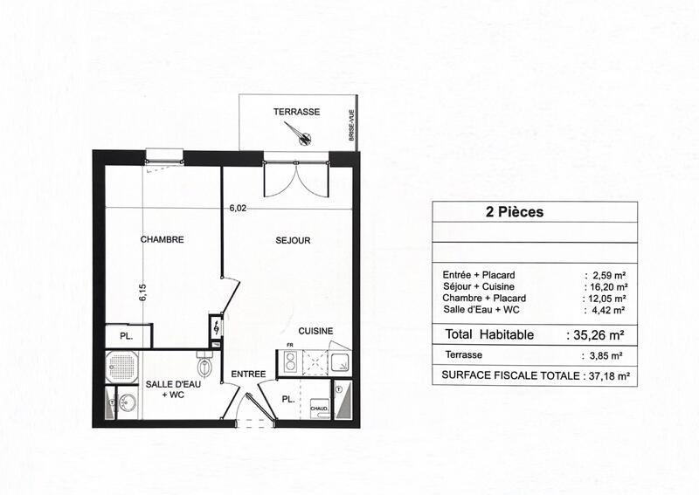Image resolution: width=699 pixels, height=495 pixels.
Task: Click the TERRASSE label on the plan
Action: click(296, 112)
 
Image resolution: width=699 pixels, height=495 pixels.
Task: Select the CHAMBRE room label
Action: click(162, 240)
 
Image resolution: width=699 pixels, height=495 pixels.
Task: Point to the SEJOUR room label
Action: click(293, 240)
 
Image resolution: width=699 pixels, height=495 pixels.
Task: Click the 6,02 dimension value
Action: click(238, 209)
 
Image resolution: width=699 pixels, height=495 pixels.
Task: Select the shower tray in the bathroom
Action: click(124, 368)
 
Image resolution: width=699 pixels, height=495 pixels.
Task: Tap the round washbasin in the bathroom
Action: click(127, 402)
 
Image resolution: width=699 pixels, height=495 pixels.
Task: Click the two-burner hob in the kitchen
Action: click(287, 361)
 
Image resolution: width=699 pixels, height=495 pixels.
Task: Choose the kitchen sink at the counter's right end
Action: click(341, 361)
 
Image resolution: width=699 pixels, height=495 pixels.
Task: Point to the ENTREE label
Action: click(247, 375)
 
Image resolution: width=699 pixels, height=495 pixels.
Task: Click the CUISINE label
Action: click(315, 331)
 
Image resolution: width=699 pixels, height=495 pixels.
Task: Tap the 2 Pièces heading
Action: click(514, 212)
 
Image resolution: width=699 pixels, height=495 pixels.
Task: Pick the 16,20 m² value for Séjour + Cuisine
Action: click(607, 286)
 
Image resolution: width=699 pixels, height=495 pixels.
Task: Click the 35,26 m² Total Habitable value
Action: click(599, 334)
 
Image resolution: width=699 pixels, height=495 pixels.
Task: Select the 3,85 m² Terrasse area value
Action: click(605, 356)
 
